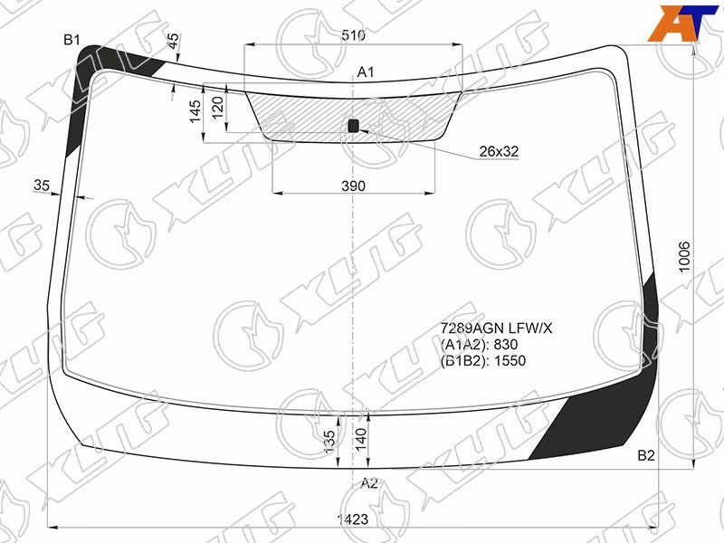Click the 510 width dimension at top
pyautogui.click(x=353, y=34)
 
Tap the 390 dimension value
pyautogui.click(x=353, y=186)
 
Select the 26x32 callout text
pyautogui.click(x=499, y=151)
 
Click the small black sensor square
pyautogui.click(x=353, y=125)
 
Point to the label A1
pyautogui.click(x=366, y=72)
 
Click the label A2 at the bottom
pyautogui.click(x=369, y=483)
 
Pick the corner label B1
pyautogui.click(x=72, y=40)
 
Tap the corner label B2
pyautogui.click(x=646, y=456)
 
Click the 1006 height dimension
pyautogui.click(x=684, y=257)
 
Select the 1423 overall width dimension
pyautogui.click(x=353, y=519)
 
